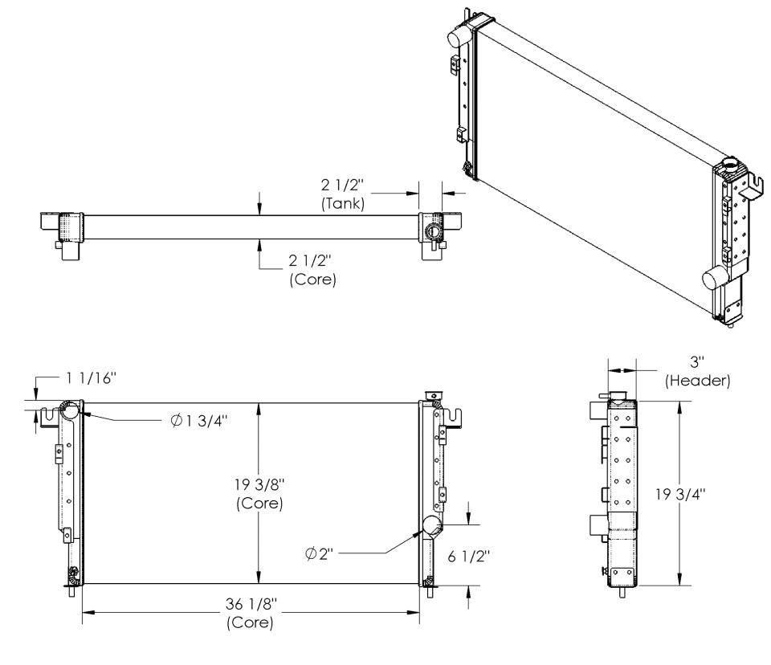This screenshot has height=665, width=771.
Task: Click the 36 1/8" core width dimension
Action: point(251,603)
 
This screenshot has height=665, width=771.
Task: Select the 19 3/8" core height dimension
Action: point(259,485)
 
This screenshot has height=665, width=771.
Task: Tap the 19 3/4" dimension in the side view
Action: point(680,494)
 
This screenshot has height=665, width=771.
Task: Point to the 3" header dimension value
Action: point(697,362)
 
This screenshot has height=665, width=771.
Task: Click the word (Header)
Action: point(698,381)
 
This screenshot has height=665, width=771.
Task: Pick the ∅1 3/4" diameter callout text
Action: point(199,421)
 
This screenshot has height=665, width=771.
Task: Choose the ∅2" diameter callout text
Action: point(319,554)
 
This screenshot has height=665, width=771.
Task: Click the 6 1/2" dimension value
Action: point(469,557)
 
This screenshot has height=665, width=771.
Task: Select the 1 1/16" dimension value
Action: point(92,377)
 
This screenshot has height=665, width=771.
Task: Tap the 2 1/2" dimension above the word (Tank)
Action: point(343,185)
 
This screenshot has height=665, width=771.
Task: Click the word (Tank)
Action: point(343,203)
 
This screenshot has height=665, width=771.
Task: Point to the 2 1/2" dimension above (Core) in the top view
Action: point(310,261)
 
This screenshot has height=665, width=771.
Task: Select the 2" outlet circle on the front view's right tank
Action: point(432,526)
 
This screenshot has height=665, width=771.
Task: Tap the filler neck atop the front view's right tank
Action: point(433,395)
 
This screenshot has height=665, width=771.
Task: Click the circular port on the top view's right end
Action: point(434,231)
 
